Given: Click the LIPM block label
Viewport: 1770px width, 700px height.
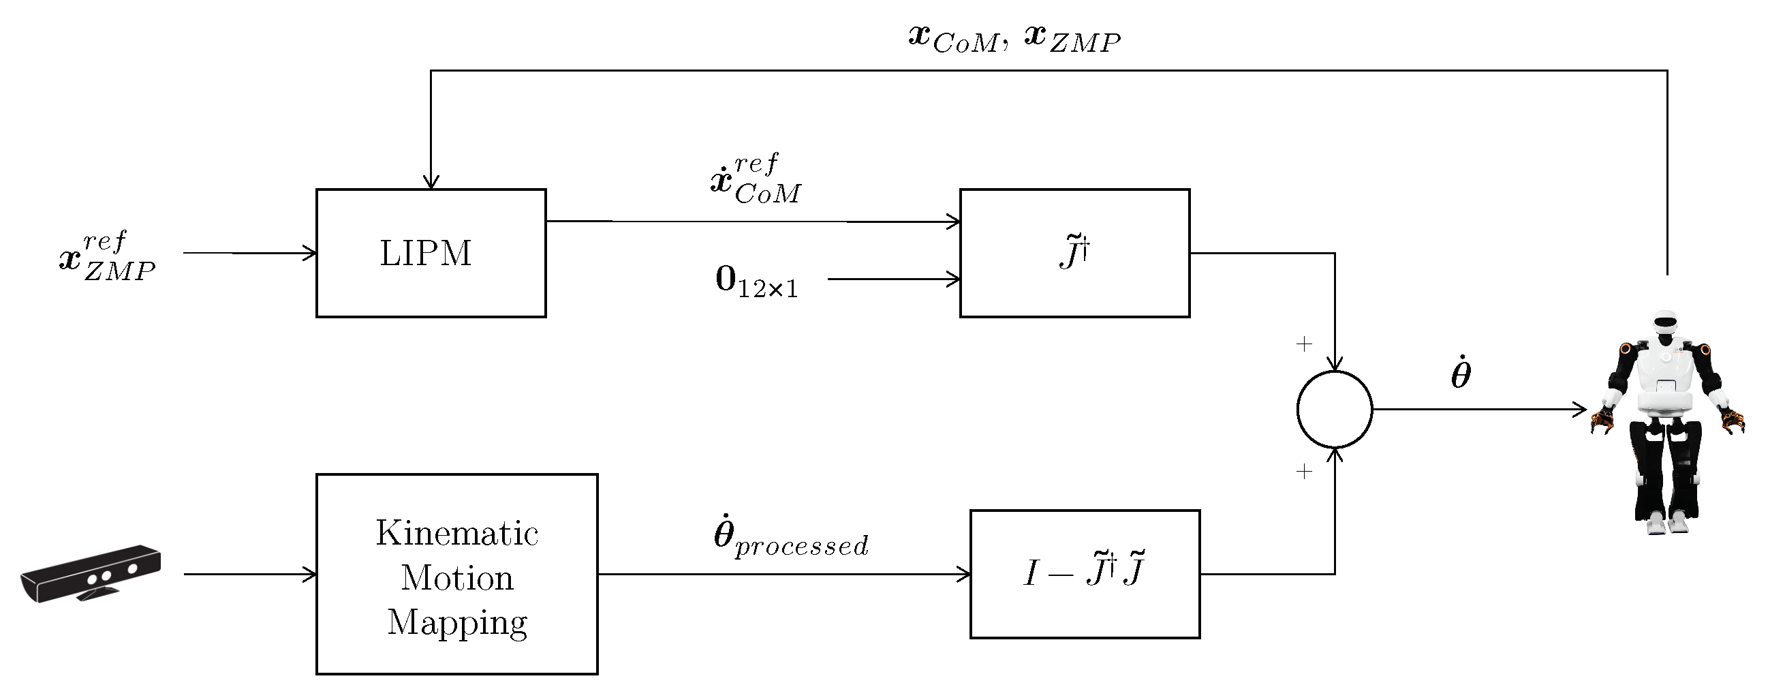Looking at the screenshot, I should pyautogui.click(x=425, y=253).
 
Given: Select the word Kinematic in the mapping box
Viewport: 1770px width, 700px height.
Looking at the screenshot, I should pyautogui.click(x=457, y=533).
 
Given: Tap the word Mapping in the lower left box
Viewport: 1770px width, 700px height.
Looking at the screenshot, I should pyautogui.click(x=457, y=622).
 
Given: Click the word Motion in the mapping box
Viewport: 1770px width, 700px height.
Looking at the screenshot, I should pyautogui.click(x=457, y=577).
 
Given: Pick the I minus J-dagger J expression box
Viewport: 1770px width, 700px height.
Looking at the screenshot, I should pyautogui.click(x=1084, y=573).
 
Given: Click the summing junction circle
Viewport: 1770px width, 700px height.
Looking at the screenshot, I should pyautogui.click(x=1334, y=409).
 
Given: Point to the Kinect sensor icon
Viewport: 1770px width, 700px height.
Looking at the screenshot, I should pyautogui.click(x=91, y=573).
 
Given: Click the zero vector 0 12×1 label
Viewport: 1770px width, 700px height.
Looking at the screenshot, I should pyautogui.click(x=756, y=282).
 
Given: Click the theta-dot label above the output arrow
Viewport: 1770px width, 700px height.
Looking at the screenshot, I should pyautogui.click(x=1461, y=374).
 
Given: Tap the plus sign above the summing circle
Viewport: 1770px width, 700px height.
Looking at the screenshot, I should pyautogui.click(x=1303, y=344).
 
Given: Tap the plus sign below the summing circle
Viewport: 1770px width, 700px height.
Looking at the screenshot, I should pyautogui.click(x=1303, y=471).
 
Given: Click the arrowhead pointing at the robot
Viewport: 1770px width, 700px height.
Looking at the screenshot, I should pyautogui.click(x=1580, y=409).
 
